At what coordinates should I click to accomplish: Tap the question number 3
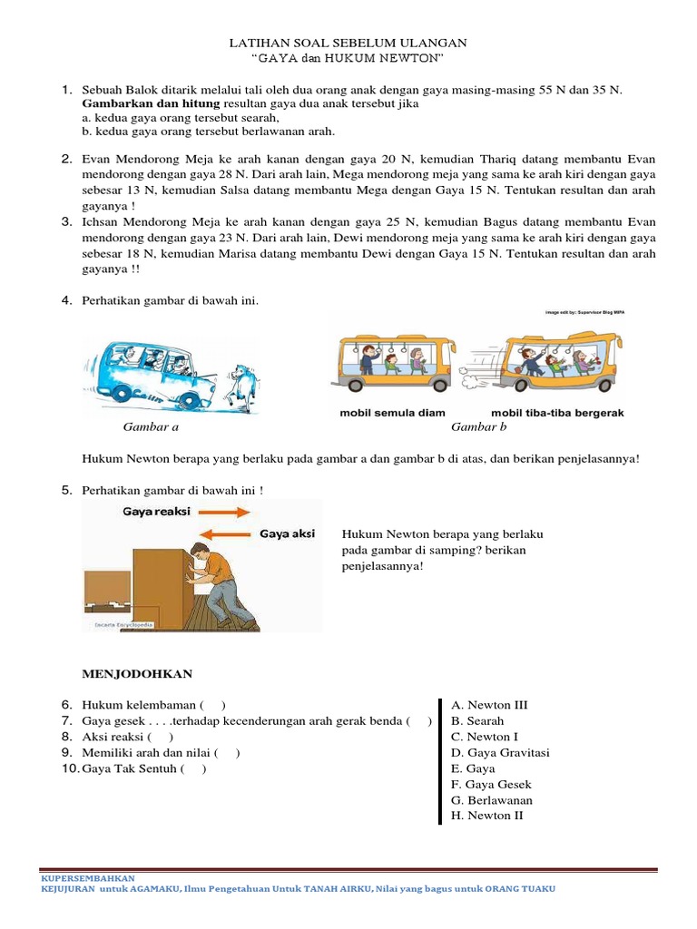click(x=67, y=221)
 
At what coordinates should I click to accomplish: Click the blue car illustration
click(x=149, y=372)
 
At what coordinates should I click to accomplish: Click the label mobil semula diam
click(x=392, y=413)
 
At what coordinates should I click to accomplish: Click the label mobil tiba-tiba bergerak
click(x=557, y=413)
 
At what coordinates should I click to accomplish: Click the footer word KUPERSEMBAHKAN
click(x=88, y=878)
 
